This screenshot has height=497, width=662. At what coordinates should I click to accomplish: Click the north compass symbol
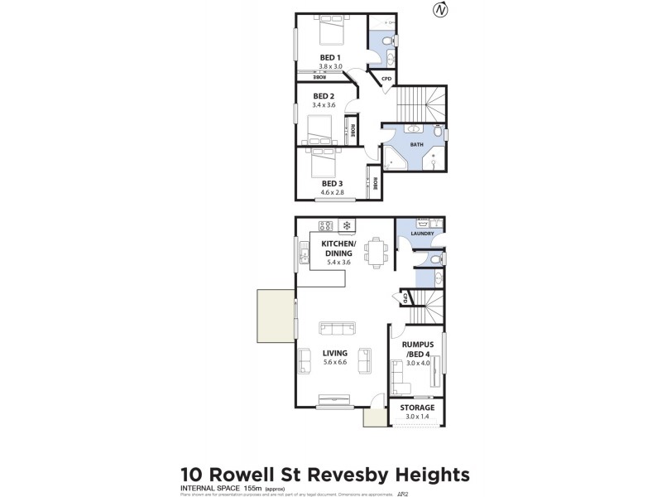(x=440, y=10)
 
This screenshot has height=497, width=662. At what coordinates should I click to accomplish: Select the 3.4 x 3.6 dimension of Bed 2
(x=324, y=105)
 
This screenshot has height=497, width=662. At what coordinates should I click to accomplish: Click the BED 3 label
(x=332, y=183)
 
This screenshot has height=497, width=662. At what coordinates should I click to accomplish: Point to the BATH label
(x=416, y=145)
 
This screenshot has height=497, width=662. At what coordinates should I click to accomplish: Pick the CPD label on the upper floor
(x=386, y=80)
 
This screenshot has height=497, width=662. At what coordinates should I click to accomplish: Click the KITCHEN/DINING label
(x=333, y=249)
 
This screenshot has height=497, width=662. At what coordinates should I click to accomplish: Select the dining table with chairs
(x=377, y=251)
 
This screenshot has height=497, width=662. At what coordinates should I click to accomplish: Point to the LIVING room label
(x=335, y=353)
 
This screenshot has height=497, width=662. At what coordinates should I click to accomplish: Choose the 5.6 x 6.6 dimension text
(x=335, y=363)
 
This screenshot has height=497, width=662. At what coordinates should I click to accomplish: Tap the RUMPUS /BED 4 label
(x=416, y=349)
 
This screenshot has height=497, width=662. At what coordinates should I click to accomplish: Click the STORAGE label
(x=417, y=408)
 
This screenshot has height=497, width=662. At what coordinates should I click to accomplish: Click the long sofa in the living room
(x=335, y=327)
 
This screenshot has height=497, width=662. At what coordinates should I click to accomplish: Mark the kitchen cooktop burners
(x=326, y=225)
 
